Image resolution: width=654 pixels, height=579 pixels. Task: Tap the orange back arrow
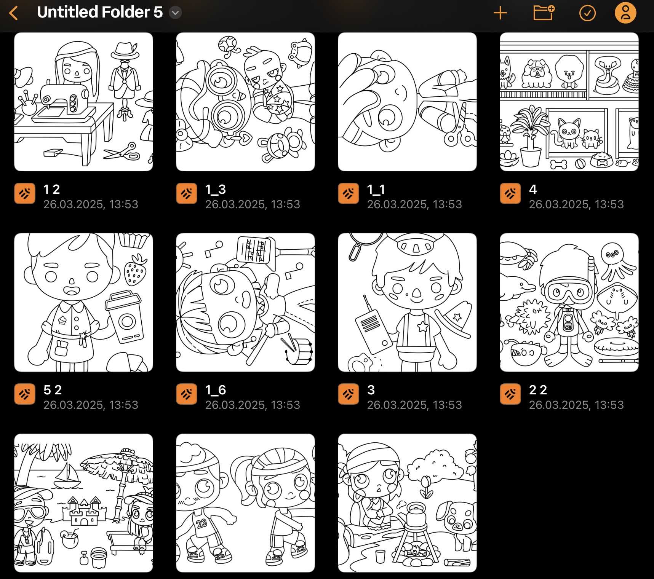point(14,13)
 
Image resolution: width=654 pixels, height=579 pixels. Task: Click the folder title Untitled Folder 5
point(100,12)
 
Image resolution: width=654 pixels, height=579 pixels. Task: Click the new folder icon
point(544,13)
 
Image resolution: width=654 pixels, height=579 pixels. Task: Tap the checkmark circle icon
point(587,13)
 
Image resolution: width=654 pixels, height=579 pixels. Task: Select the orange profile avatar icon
point(625,13)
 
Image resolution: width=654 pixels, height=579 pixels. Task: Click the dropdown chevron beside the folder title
point(175,13)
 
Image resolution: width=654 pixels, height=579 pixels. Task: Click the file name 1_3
point(216,189)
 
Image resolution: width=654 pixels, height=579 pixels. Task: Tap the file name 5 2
point(53,390)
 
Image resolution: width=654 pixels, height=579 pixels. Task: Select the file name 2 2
point(538,390)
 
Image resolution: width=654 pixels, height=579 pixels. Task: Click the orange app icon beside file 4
point(510,193)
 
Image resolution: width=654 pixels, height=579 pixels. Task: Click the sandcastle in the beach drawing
point(83,510)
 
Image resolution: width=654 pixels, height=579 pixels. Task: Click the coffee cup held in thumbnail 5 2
point(125,317)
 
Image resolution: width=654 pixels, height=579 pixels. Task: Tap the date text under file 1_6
point(253,405)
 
